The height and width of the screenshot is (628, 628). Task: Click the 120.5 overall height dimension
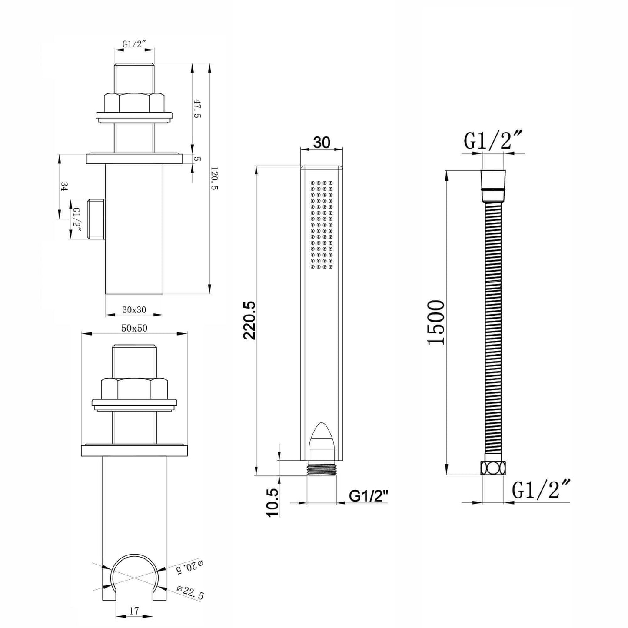(214, 179)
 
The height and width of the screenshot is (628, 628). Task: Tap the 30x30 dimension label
(134, 309)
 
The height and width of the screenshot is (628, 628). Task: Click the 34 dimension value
(64, 187)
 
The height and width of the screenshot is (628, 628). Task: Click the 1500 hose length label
(435, 322)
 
